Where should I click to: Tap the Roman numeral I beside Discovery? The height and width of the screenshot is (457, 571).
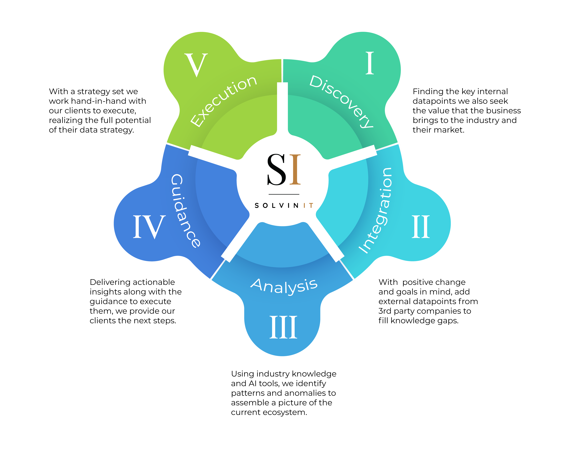370,63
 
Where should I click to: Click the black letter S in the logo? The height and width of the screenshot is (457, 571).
276,170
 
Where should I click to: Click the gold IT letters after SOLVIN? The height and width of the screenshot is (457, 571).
309,206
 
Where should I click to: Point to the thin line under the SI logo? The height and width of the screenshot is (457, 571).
284,194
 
